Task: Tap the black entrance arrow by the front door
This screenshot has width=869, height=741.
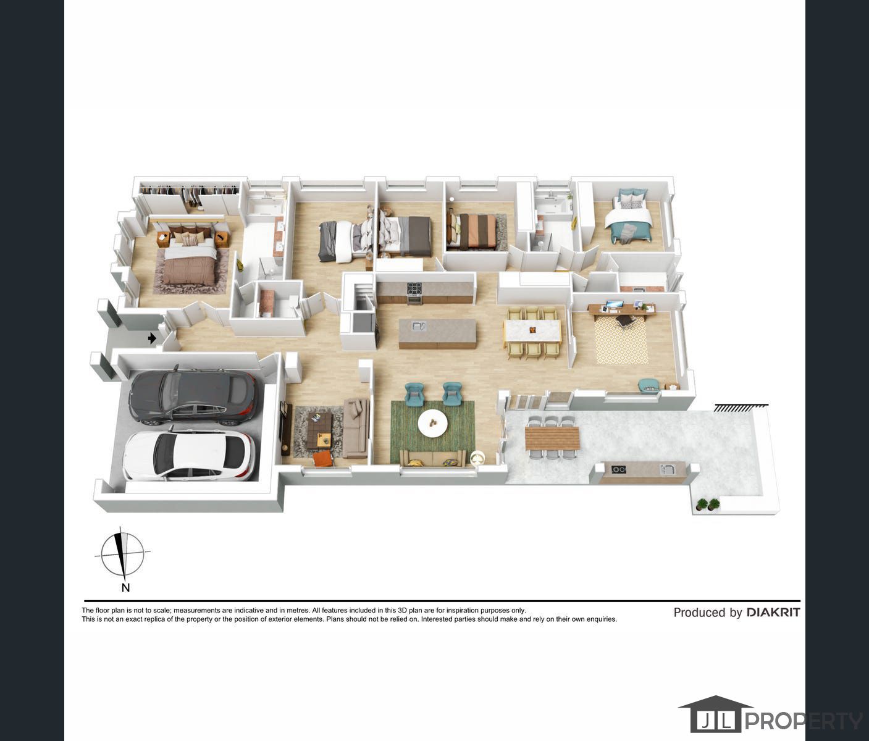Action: tap(152, 338)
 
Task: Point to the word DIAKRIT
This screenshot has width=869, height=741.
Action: tap(773, 613)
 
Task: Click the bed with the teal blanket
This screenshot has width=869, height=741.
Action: tap(628, 220)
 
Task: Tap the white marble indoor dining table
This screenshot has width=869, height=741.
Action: tap(533, 330)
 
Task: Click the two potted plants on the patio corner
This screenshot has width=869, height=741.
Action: tap(708, 504)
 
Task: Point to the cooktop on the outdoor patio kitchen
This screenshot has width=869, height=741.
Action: tap(618, 469)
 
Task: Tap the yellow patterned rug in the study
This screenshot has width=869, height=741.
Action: tap(621, 340)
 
